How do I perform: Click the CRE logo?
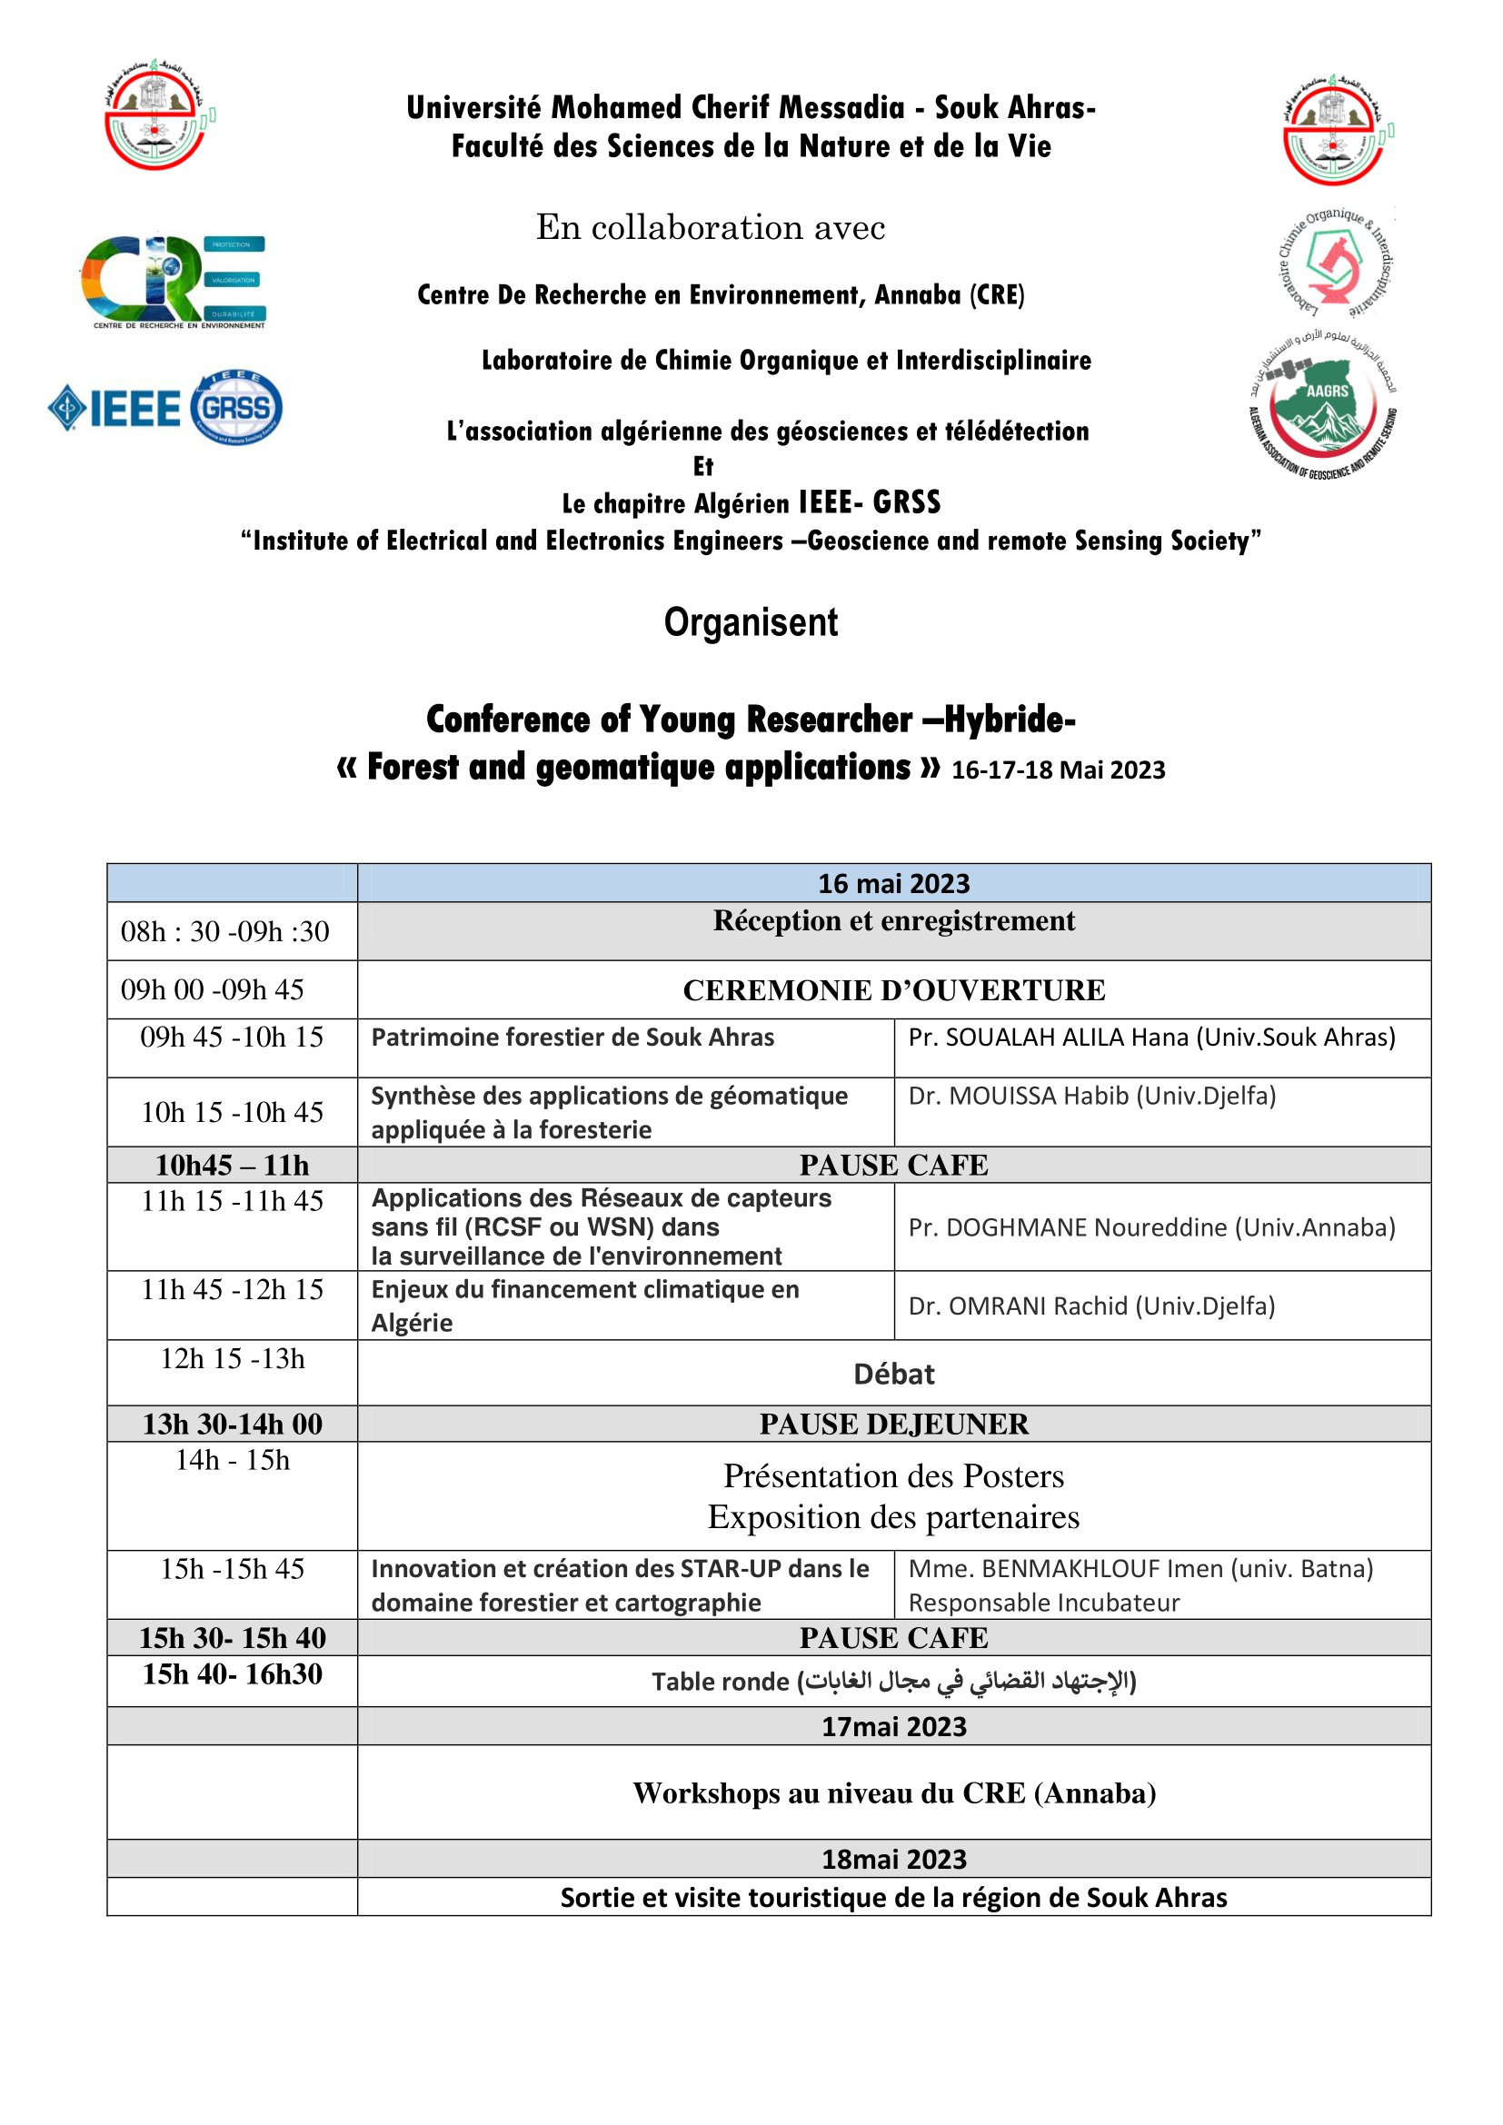point(174,281)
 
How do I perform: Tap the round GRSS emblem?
point(237,407)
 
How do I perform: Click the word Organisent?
point(751,622)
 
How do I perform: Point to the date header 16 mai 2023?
point(893,883)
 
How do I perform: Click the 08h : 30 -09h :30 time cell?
point(224,931)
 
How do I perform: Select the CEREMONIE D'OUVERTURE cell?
point(893,989)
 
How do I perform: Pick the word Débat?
point(893,1374)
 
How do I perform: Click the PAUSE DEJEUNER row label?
point(893,1424)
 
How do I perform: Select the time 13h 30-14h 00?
point(233,1424)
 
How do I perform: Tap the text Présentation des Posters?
point(893,1475)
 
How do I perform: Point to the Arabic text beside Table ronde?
point(967,1681)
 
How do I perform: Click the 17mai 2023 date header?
point(893,1726)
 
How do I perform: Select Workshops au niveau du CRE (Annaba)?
point(893,1792)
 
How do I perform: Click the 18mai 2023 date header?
point(893,1859)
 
